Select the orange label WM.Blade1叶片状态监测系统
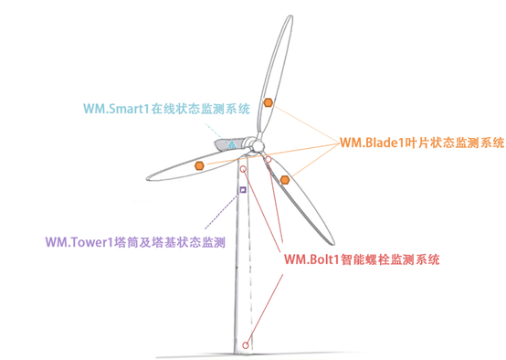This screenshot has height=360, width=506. click(x=422, y=143)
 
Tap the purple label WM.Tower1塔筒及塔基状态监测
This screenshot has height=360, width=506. click(x=135, y=242)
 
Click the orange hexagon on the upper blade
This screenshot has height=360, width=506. click(x=267, y=102)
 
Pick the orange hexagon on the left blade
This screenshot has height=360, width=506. click(x=199, y=165)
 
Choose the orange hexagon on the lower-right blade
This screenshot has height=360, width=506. click(x=285, y=179)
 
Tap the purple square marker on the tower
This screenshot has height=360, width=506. click(x=242, y=190)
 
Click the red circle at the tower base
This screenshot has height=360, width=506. click(x=246, y=344)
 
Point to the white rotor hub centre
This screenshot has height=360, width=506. click(x=258, y=147)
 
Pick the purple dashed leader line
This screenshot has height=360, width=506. click(x=219, y=214)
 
